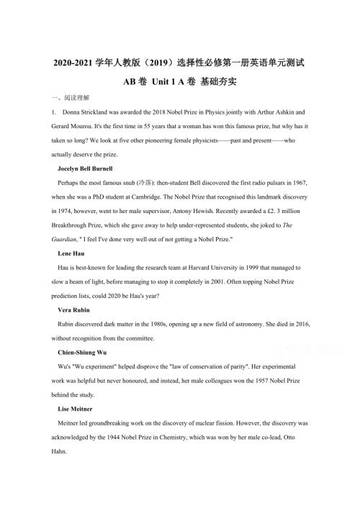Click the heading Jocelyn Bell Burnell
click(x=87, y=167)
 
